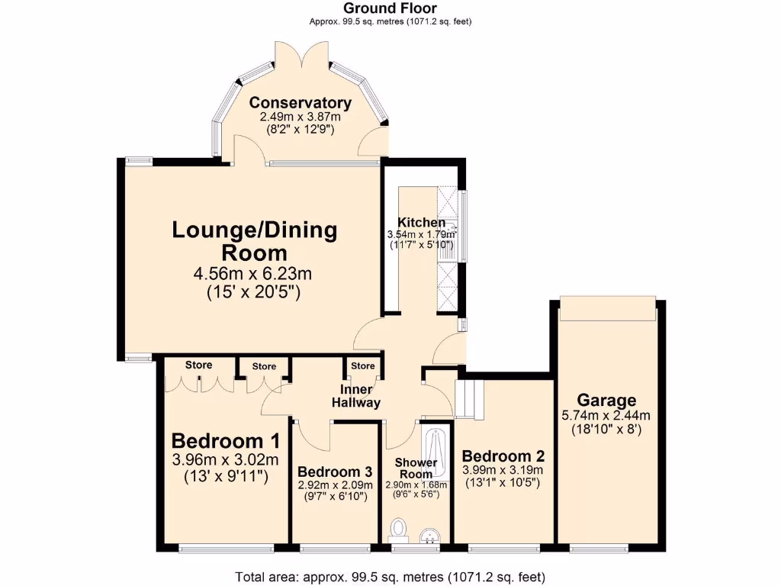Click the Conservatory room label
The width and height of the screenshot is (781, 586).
[x=301, y=103]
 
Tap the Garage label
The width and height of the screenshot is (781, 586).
[x=606, y=400]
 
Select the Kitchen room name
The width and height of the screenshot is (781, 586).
[x=421, y=222]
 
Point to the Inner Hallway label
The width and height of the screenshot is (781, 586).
[x=356, y=396]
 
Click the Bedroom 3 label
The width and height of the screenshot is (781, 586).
[x=336, y=472]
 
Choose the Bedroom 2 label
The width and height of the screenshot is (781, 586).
[x=503, y=456]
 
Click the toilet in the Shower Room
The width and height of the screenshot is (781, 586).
[x=398, y=530]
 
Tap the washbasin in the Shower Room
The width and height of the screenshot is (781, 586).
[x=429, y=536]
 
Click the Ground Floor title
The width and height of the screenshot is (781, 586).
[x=390, y=8]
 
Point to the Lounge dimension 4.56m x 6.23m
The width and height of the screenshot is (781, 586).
[x=252, y=274]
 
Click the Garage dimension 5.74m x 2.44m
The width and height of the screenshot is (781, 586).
[x=606, y=415]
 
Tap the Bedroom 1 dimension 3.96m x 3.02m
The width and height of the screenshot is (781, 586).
[x=225, y=459]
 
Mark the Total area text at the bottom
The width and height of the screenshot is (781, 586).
[x=390, y=577]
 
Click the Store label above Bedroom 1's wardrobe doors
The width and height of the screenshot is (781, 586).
[x=199, y=365]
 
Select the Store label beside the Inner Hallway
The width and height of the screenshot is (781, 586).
[x=362, y=365]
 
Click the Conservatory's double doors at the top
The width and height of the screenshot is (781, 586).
[x=301, y=54]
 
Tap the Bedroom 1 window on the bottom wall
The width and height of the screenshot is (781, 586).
[x=226, y=549]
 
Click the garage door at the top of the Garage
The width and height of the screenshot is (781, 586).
[x=608, y=308]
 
